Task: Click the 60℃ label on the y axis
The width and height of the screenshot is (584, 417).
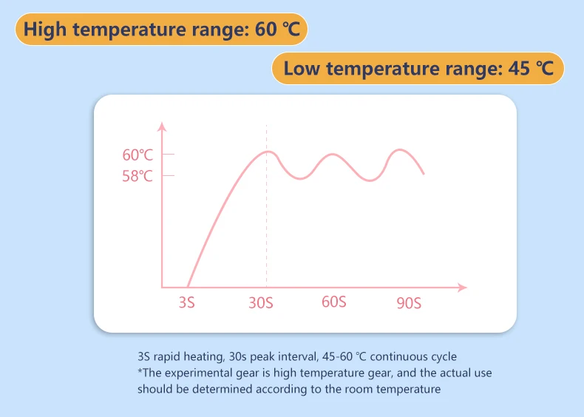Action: click(137, 155)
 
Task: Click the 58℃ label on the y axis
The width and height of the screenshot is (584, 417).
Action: click(137, 176)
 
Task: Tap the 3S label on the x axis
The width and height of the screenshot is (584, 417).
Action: click(186, 302)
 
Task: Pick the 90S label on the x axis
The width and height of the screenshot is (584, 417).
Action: click(408, 302)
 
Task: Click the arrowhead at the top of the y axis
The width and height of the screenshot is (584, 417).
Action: click(162, 127)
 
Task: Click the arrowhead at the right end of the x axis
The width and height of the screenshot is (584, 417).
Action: click(464, 287)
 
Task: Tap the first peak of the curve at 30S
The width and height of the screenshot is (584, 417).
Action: click(267, 152)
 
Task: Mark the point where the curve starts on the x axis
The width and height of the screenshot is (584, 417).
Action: click(188, 286)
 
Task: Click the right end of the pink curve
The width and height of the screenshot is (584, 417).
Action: click(424, 174)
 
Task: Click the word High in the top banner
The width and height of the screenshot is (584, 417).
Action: click(47, 30)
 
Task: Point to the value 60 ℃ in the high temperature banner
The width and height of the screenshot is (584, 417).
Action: click(273, 30)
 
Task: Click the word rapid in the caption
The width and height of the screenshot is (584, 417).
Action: click(172, 356)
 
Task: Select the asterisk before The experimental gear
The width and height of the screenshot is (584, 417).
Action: click(140, 372)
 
